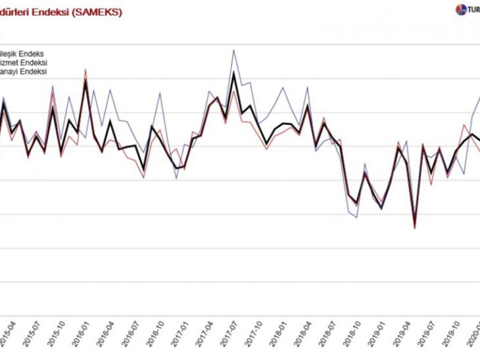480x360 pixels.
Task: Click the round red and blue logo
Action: [460, 9]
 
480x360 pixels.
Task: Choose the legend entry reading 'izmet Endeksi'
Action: [23, 63]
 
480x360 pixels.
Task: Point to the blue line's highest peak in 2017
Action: [233, 49]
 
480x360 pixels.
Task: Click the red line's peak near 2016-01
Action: [85, 69]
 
